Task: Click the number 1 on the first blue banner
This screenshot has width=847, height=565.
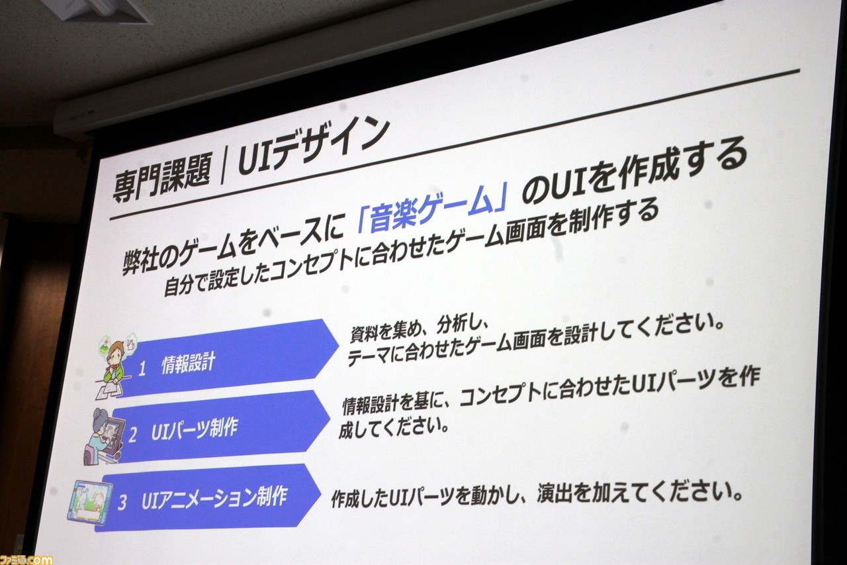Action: pos(142,368)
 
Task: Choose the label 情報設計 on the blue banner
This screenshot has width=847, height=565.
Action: pos(189,362)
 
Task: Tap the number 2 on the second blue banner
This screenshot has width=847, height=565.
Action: pos(132,435)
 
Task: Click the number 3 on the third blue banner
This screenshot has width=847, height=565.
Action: pos(122,503)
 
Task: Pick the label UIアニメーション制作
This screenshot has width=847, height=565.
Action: pos(214,497)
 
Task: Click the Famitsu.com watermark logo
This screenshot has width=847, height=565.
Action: pos(26,559)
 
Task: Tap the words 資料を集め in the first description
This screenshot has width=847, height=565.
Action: pos(389,331)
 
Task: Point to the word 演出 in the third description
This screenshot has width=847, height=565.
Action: pos(555,493)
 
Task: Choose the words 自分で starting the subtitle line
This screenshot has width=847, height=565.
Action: pos(185,284)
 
